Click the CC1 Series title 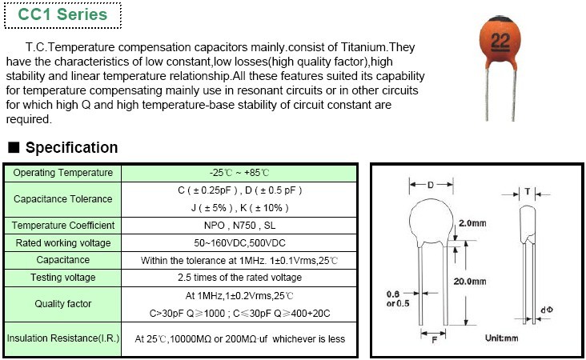(62, 14)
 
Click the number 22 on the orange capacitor (500, 41)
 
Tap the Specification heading (71, 147)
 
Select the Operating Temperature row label (62, 173)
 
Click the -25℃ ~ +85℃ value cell (239, 173)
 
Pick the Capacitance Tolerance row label (62, 198)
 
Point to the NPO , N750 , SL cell (239, 225)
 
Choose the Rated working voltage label (62, 242)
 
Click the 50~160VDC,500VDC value (239, 242)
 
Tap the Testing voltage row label (62, 277)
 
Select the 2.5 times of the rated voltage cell (239, 277)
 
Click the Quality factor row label (62, 304)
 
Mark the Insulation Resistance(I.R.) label (62, 338)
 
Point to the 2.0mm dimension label (472, 223)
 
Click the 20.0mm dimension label (470, 282)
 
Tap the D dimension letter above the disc (431, 185)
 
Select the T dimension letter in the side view (528, 191)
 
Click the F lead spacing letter (434, 340)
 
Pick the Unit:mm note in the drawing (501, 338)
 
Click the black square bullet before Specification (14, 147)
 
